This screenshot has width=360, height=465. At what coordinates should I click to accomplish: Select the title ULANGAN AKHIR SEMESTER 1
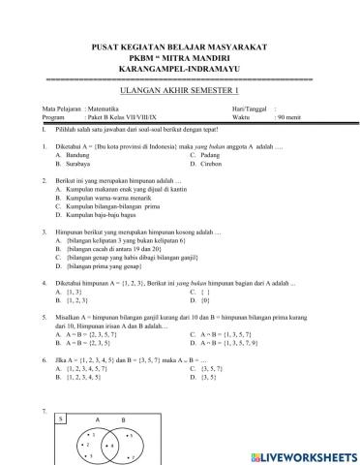(x=179, y=85)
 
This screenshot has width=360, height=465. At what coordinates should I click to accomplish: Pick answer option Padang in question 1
(x=231, y=155)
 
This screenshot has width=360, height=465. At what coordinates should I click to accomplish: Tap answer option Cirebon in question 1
(x=232, y=164)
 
